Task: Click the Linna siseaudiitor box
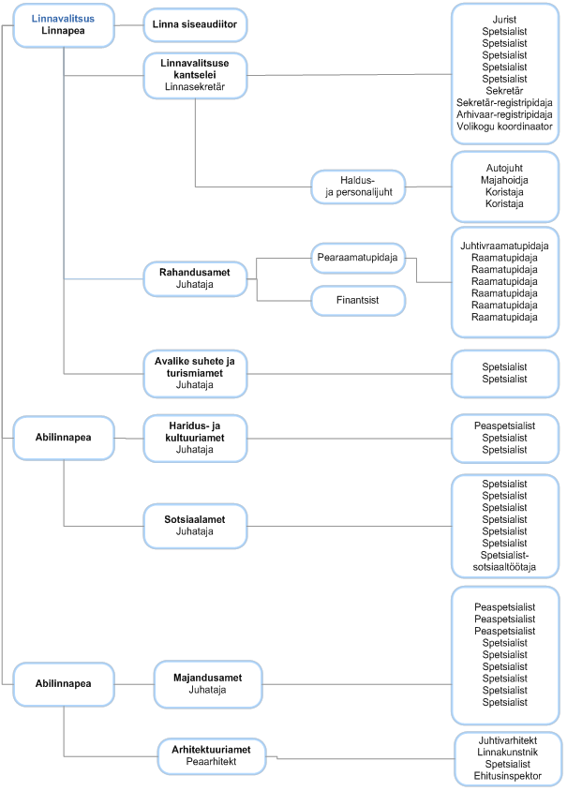click(x=195, y=24)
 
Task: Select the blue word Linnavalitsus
click(x=63, y=19)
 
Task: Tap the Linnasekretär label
click(x=195, y=87)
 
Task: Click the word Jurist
click(x=504, y=20)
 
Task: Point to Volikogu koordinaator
click(x=504, y=127)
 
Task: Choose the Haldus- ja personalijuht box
click(x=358, y=187)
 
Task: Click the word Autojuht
click(x=504, y=168)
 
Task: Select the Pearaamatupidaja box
click(x=358, y=259)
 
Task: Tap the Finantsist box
click(x=358, y=301)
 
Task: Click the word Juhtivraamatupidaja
click(x=504, y=246)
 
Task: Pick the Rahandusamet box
click(x=195, y=279)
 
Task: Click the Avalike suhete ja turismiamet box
click(x=195, y=374)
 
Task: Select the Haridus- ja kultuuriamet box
click(x=195, y=439)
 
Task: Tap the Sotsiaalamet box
click(x=195, y=526)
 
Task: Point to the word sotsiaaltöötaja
click(x=504, y=568)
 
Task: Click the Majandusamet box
click(x=208, y=684)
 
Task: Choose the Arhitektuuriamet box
click(x=212, y=756)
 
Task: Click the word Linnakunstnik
click(x=507, y=753)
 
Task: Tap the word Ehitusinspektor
click(x=507, y=776)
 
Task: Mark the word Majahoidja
click(x=504, y=180)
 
